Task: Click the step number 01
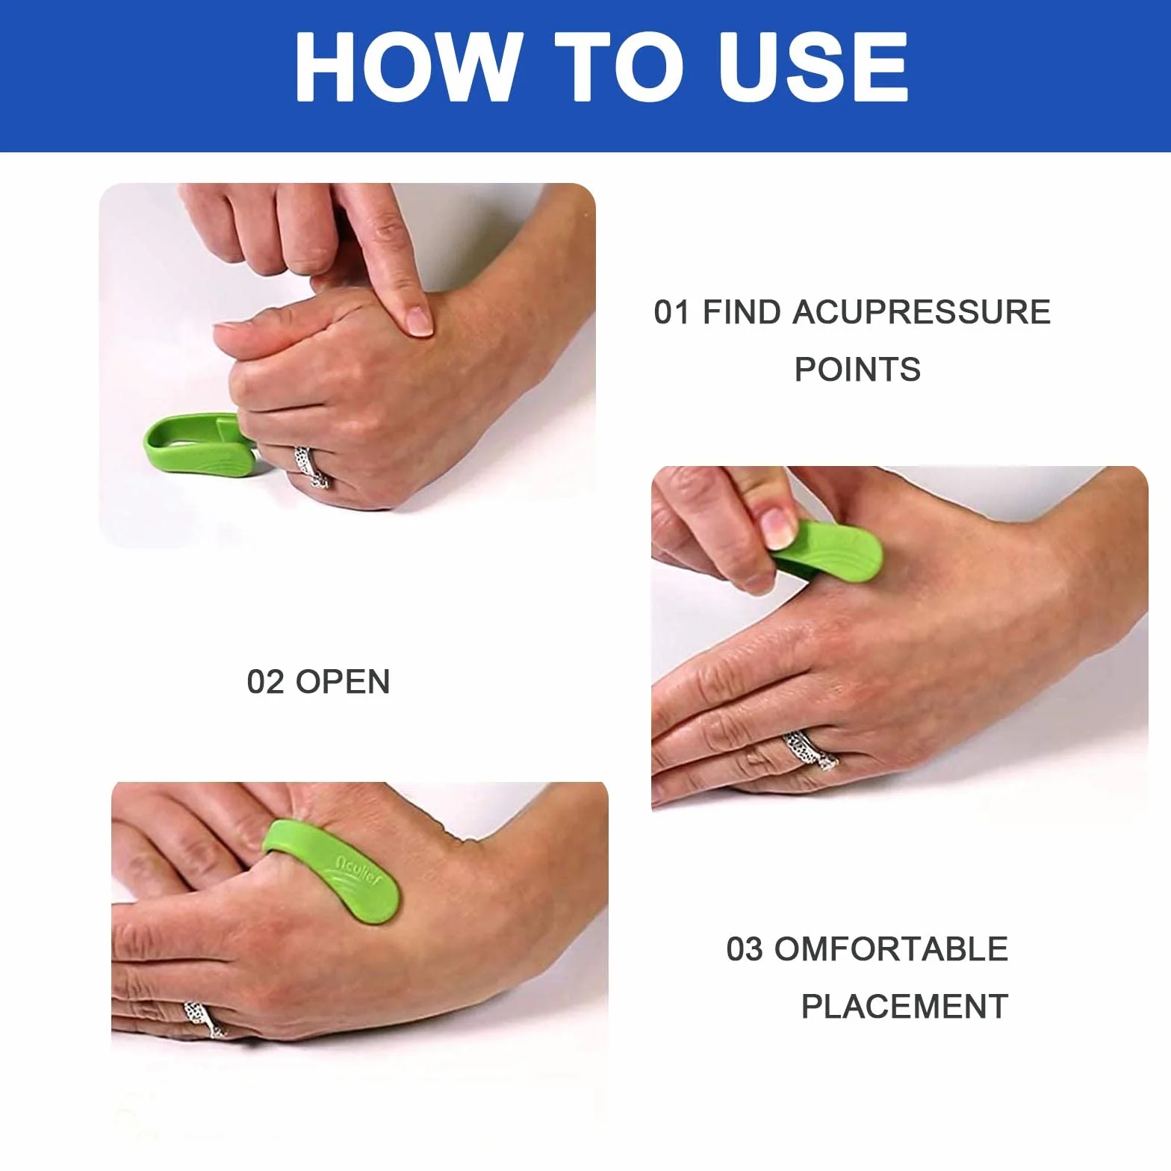pos(671,312)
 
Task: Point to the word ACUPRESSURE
pos(921,312)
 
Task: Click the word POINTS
pos(857,370)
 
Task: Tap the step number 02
pos(266,682)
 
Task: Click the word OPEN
pos(343,682)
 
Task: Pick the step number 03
pos(745,949)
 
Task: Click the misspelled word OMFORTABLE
pos(892,949)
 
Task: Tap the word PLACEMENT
pos(905,1007)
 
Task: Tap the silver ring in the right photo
pos(810,751)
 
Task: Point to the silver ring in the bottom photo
pos(204,1019)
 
